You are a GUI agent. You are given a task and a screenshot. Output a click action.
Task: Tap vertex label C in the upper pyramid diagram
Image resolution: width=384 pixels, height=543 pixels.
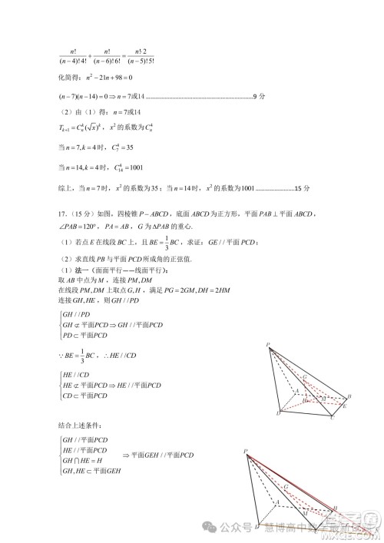pos(333,419)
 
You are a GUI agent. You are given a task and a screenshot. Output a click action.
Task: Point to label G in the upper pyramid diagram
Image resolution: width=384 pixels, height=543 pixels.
pos(305,376)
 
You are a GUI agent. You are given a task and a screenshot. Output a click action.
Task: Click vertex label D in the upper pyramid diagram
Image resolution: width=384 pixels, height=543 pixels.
pos(277,415)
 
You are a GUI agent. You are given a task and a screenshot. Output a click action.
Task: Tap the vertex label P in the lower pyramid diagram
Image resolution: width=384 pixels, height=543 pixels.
pos(244,452)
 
